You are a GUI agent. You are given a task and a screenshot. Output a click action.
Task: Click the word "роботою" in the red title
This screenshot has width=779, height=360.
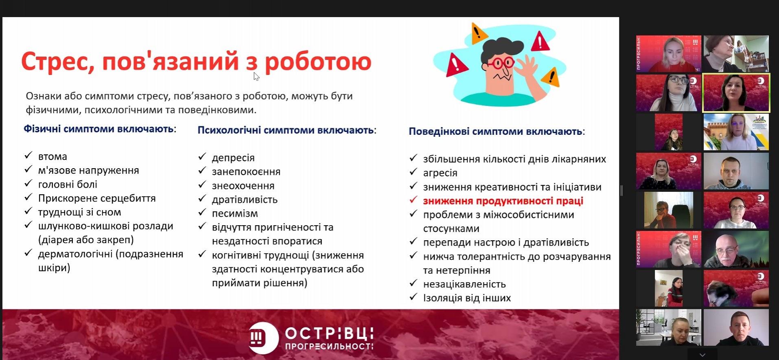318,62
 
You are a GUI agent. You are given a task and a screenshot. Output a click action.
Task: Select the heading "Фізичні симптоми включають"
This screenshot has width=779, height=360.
98,129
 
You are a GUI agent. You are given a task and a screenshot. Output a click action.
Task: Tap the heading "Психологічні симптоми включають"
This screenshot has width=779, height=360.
286,130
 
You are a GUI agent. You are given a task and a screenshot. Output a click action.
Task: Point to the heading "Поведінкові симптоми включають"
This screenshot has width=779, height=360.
495,132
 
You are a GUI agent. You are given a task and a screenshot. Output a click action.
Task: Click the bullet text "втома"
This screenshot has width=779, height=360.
53,157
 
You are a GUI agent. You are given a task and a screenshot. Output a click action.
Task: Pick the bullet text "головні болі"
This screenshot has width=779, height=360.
68,184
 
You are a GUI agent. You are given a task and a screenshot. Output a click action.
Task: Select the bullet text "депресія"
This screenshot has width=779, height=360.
233,158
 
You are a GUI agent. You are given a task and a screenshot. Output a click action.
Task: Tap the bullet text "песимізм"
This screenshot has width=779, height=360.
235,213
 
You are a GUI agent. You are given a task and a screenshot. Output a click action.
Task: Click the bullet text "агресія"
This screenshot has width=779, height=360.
440,173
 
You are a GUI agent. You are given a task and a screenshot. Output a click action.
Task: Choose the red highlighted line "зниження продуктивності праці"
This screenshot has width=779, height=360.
503,201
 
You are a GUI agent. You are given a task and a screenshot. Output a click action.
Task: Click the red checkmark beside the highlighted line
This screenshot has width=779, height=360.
414,200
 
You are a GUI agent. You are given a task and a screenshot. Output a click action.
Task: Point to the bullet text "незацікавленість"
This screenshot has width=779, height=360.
464,284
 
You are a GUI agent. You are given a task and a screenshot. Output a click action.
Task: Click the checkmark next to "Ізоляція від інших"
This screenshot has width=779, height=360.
414,297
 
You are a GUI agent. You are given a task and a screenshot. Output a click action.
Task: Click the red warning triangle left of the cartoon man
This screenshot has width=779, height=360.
456,65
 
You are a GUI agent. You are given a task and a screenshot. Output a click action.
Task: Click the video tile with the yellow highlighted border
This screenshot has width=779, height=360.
736,93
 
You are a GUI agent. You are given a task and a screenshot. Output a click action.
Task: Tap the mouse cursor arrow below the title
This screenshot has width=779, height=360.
256,76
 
